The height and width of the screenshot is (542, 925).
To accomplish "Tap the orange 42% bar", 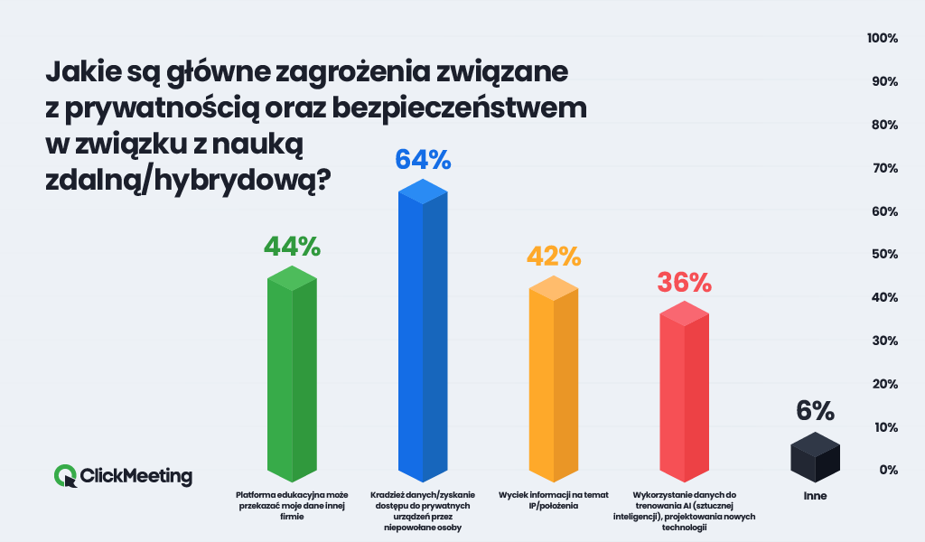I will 553,384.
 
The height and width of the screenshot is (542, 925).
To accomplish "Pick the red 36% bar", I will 684,393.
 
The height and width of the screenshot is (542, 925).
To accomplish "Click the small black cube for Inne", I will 815,457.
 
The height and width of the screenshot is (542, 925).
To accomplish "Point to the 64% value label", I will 423,160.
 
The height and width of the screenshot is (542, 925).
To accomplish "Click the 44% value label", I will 292,246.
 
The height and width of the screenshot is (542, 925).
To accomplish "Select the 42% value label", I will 553,256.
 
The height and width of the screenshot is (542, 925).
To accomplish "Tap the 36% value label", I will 684,282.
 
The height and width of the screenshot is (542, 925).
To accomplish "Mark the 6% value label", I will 815,411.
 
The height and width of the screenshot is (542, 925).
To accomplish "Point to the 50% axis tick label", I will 883,255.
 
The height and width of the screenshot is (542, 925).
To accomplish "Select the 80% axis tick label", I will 883,125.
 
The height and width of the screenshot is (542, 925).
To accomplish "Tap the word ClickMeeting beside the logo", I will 136,476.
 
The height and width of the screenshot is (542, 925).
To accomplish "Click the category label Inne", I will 815,496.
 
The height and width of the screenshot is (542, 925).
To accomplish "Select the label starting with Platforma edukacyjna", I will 292,506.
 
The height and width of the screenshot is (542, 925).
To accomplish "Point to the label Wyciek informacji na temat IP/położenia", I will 553,500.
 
